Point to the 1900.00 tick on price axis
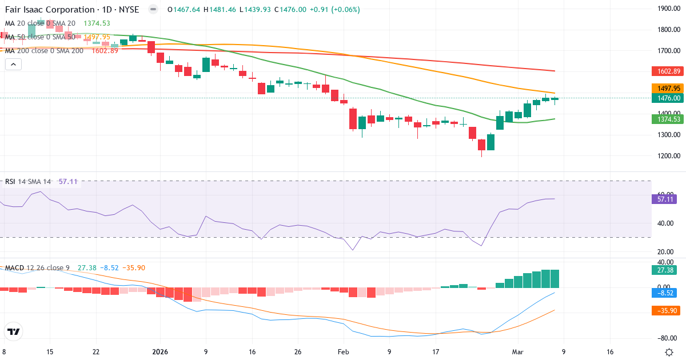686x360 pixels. click(669, 9)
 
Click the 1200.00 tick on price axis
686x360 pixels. click(669, 156)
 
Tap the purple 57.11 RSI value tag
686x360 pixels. click(664, 199)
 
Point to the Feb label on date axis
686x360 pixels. click(342, 352)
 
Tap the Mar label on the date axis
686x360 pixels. click(518, 352)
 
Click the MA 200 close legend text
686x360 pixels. click(45, 50)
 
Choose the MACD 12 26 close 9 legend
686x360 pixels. click(37, 268)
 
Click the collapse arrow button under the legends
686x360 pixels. click(13, 65)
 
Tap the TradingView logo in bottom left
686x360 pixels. click(13, 331)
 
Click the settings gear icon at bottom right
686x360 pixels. click(669, 352)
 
